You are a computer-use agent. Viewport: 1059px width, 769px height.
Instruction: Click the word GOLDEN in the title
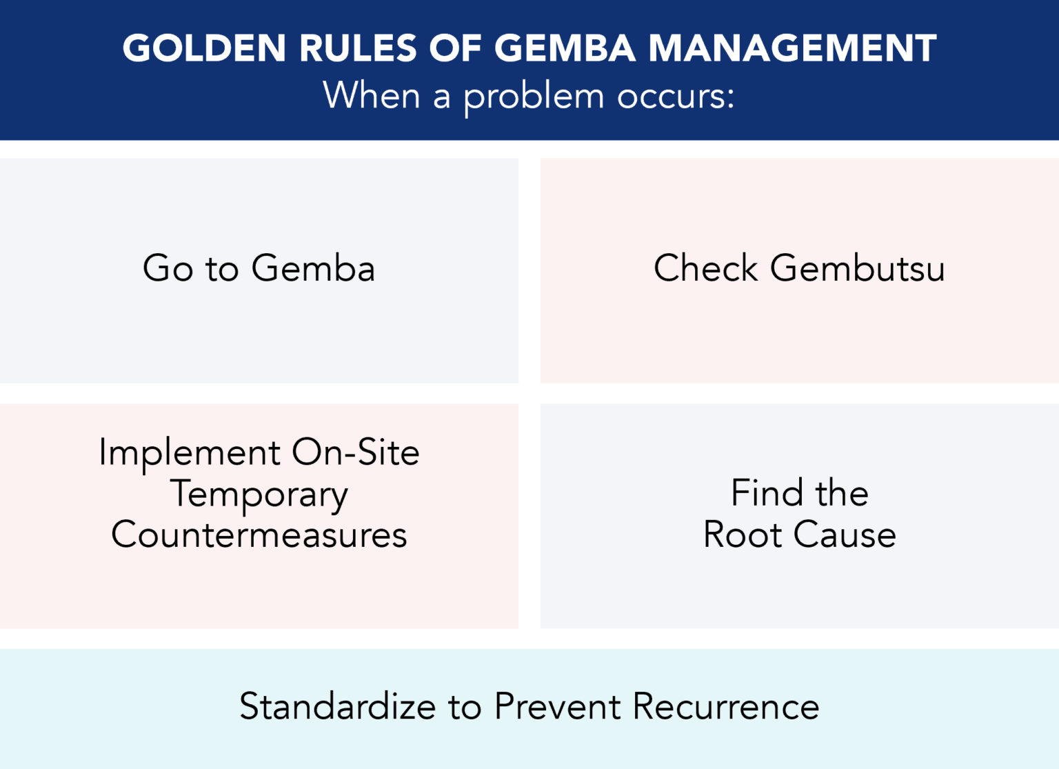point(204,48)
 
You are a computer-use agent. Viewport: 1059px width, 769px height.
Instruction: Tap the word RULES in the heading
point(358,48)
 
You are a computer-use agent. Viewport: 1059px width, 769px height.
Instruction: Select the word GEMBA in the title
point(565,48)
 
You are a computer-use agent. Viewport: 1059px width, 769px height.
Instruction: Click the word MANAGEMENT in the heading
point(792,48)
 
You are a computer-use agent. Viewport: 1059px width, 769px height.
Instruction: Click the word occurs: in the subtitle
point(676,96)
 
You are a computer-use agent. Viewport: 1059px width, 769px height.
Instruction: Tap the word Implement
point(190,454)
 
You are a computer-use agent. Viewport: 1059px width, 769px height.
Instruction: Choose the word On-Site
point(355,452)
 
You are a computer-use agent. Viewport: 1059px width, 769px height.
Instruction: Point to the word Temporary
point(259,495)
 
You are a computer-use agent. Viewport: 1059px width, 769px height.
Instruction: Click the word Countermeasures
point(259,535)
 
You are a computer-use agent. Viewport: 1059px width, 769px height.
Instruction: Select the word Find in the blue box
point(767,492)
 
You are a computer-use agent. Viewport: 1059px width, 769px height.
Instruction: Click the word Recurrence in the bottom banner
point(726,706)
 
